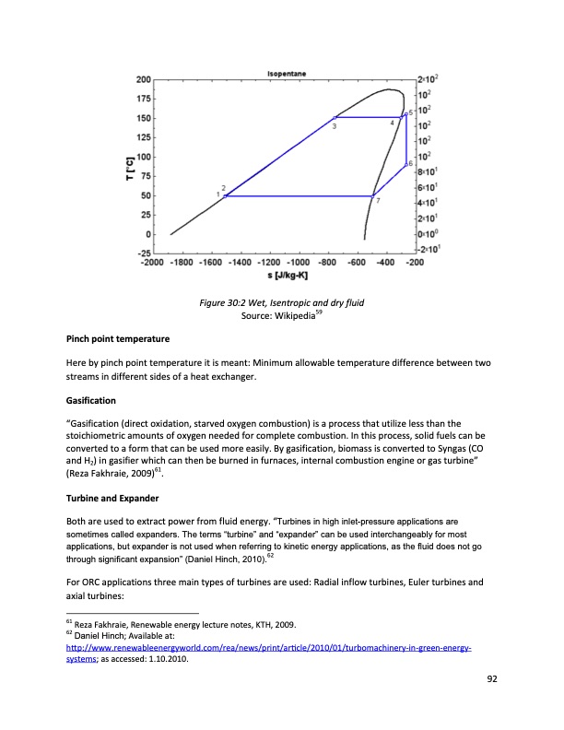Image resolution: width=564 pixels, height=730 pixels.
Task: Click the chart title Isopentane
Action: point(287,73)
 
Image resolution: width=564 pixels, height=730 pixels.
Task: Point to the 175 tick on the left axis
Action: point(144,100)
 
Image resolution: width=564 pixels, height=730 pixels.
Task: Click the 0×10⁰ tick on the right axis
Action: point(427,234)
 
